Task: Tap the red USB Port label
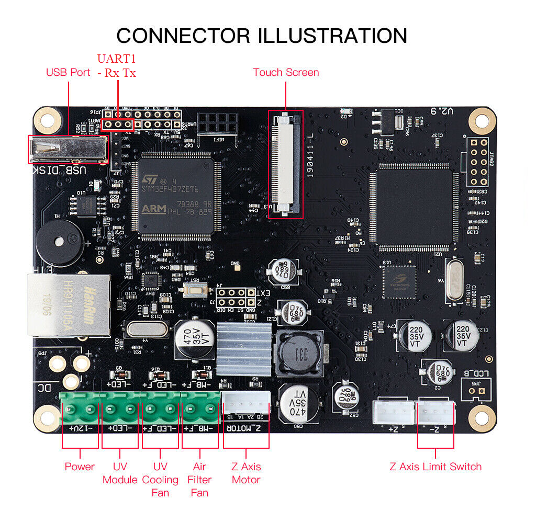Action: pyautogui.click(x=68, y=72)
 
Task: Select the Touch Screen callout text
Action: pyautogui.click(x=286, y=72)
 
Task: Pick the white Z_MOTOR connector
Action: pyautogui.click(x=246, y=403)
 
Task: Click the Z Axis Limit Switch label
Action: pyautogui.click(x=435, y=467)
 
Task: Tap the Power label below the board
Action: pyautogui.click(x=80, y=467)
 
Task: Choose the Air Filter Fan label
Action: pyautogui.click(x=199, y=480)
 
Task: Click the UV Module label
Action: pyautogui.click(x=119, y=473)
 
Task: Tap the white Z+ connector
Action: pyautogui.click(x=393, y=412)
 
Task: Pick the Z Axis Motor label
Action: pyautogui.click(x=246, y=473)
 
